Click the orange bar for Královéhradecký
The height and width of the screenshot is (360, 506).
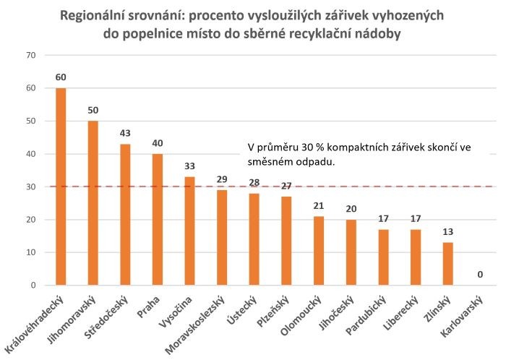tap(61, 187)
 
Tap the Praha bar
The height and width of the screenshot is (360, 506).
tap(158, 219)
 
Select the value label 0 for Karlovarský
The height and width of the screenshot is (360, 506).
tap(481, 275)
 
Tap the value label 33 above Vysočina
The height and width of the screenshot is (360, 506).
tap(190, 166)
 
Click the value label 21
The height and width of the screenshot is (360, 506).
tap(319, 206)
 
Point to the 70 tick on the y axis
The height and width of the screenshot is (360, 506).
tap(30, 55)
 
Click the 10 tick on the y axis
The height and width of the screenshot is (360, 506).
tap(30, 252)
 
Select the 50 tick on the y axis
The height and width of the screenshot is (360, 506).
tap(30, 121)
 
